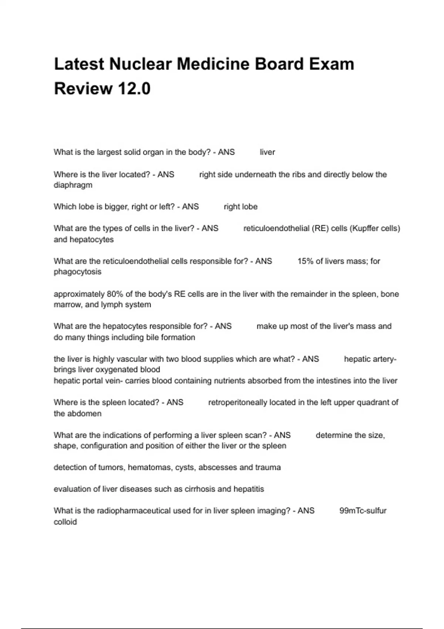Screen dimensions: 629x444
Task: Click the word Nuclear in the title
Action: click(140, 64)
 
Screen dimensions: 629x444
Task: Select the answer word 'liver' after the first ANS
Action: click(267, 152)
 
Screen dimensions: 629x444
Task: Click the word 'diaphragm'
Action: click(73, 185)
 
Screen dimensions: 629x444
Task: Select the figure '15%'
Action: click(305, 261)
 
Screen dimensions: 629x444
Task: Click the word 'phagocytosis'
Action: click(77, 272)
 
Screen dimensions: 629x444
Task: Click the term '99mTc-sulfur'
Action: click(363, 511)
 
